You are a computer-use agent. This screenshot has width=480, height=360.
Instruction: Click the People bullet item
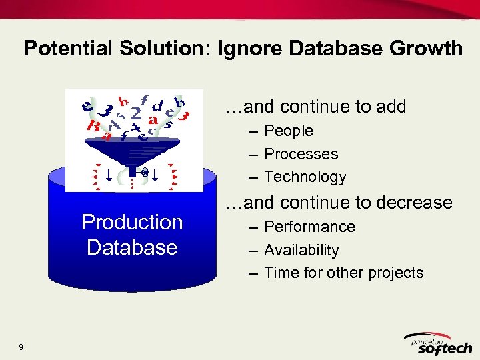tap(288, 131)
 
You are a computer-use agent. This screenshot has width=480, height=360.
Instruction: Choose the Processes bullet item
tap(301, 154)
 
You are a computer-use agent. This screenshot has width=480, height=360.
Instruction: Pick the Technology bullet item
tap(305, 177)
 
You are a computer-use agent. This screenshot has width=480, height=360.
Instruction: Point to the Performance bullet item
tap(309, 227)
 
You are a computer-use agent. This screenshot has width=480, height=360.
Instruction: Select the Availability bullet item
tap(301, 250)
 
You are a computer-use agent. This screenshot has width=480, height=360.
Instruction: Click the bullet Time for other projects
tap(343, 273)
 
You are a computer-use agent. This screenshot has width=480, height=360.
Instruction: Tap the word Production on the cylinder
tap(132, 222)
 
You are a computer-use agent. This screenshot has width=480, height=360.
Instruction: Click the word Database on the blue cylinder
tap(132, 247)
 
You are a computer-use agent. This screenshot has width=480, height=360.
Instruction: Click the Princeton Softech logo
tap(440, 343)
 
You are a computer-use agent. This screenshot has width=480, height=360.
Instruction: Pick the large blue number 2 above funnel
tap(136, 114)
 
